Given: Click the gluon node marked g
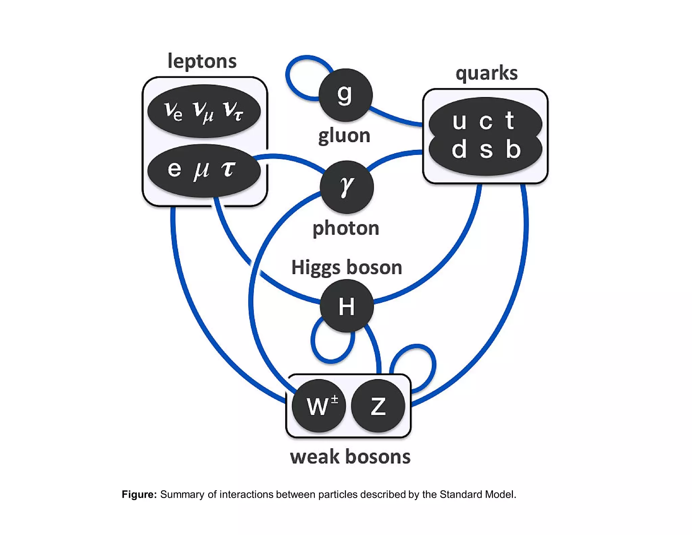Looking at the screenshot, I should click(x=345, y=95).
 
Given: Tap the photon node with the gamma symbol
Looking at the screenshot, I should click(x=347, y=187).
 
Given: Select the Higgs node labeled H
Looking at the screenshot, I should click(x=347, y=306).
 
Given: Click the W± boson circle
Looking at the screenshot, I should click(x=319, y=406).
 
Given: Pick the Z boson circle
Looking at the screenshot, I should click(x=378, y=406).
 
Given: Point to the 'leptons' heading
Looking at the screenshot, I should click(x=202, y=61).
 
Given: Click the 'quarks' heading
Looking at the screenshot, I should click(x=486, y=73).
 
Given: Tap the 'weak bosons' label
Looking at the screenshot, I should click(x=350, y=457).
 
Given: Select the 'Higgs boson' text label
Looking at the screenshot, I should click(x=347, y=267).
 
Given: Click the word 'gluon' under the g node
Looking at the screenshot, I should click(x=344, y=136).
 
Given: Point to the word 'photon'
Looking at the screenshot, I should click(x=346, y=228).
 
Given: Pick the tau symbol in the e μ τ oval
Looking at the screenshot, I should click(x=228, y=169).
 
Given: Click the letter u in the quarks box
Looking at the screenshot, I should click(x=459, y=121).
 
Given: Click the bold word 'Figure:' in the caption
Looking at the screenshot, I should click(x=139, y=494).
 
